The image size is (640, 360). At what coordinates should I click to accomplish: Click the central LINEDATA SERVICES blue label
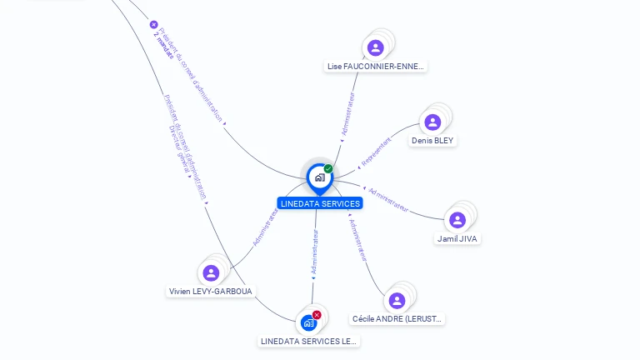[x=320, y=203]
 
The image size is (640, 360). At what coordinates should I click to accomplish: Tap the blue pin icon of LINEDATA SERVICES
[x=319, y=177]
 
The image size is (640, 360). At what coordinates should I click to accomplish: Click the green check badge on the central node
[x=328, y=168]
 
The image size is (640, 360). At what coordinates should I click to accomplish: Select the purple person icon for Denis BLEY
[x=432, y=122]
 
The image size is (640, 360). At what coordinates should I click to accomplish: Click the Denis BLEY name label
[x=432, y=141]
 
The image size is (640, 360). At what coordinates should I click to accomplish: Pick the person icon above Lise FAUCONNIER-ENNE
[x=375, y=47]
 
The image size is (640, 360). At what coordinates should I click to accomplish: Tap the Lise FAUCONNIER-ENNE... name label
[x=376, y=66]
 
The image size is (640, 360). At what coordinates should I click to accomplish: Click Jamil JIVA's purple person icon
[x=457, y=220]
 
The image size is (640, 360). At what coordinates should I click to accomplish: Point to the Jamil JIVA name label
[x=458, y=238]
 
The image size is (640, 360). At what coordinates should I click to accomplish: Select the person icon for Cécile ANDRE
[x=397, y=300]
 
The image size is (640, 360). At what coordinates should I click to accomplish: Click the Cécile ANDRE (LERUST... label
[x=398, y=318]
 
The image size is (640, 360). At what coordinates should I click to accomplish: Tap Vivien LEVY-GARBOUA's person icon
[x=211, y=272]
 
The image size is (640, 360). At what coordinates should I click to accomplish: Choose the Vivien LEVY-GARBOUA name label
[x=211, y=291]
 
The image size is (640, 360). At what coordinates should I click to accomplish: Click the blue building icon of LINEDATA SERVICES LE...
[x=308, y=322]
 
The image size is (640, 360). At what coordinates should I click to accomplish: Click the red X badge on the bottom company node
[x=317, y=315]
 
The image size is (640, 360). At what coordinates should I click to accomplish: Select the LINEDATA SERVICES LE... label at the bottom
[x=309, y=341]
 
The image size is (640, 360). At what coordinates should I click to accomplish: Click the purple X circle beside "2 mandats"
[x=153, y=24]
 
